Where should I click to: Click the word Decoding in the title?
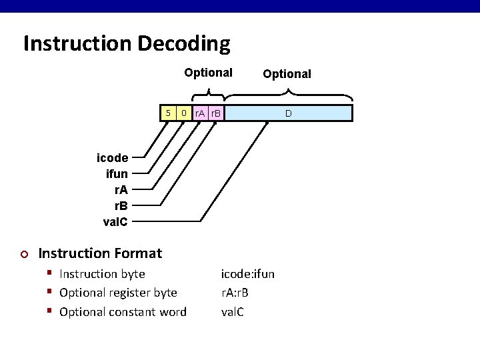pos(184,44)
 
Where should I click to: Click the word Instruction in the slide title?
pos(77,44)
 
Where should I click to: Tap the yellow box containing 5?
pos(169,113)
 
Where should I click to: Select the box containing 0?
pos(185,113)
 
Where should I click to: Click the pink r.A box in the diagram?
pos(200,113)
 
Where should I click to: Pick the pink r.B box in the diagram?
pos(216,113)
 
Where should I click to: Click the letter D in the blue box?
pos(288,113)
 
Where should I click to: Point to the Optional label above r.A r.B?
pos(208,73)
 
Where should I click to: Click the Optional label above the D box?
pos(287,74)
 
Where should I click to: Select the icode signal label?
pos(112,158)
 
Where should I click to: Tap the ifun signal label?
pos(117,174)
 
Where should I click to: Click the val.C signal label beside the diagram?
pos(115,221)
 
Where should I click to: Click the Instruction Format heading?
pos(100,253)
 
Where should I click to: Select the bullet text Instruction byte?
pos(102,274)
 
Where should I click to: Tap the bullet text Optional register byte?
pos(118,293)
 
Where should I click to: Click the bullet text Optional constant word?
pos(123,312)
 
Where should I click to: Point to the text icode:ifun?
pos(247,274)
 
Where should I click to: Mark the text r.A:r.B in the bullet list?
pos(235,293)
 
